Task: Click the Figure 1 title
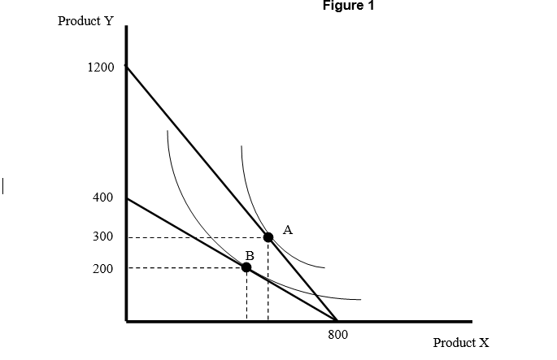pos(349,6)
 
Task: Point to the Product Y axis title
pos(85,21)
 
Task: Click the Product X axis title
pos(461,343)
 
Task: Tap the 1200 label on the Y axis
pos(101,67)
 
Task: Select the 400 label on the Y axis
pos(103,197)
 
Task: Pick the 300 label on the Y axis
pos(103,236)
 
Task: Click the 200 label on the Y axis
pos(103,268)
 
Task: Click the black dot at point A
pos(268,237)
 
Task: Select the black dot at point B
pos(246,267)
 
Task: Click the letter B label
pos(250,255)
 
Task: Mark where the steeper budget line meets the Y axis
pos(126,66)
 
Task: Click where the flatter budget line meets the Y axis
pos(126,197)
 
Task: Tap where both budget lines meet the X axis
pos(337,320)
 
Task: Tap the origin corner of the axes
pos(126,321)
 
